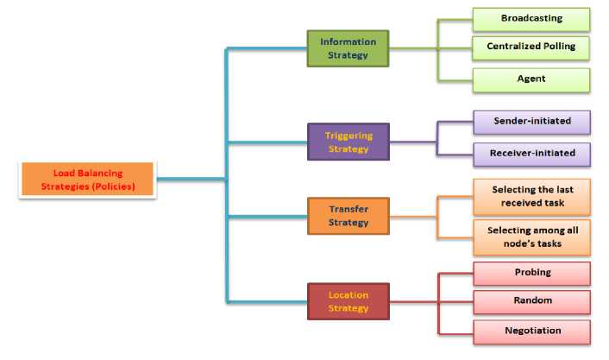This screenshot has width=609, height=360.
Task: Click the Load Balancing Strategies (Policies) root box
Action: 88,180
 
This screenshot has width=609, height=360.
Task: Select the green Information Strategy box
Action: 348,47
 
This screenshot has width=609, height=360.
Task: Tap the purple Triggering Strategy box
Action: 348,142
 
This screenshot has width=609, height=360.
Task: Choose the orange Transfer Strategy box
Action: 348,215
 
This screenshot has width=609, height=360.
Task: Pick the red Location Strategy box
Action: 348,301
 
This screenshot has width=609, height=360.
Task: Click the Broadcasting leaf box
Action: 531,19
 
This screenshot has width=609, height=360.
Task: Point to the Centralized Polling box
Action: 531,46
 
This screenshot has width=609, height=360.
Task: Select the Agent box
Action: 531,79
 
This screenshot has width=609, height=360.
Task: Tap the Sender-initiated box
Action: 531,122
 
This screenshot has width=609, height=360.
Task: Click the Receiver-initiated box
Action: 531,155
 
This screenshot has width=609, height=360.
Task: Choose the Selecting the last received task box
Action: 531,196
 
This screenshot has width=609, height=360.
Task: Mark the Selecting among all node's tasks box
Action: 531,237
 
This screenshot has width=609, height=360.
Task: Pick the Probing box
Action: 531,273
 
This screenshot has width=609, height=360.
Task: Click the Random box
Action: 531,301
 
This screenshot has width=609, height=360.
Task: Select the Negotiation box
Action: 531,331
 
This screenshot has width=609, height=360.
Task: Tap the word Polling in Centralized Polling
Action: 556,46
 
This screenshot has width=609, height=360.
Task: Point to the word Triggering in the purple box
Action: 348,136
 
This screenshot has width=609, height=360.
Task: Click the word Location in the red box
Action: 348,295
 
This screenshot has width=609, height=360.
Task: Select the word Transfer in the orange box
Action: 348,209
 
